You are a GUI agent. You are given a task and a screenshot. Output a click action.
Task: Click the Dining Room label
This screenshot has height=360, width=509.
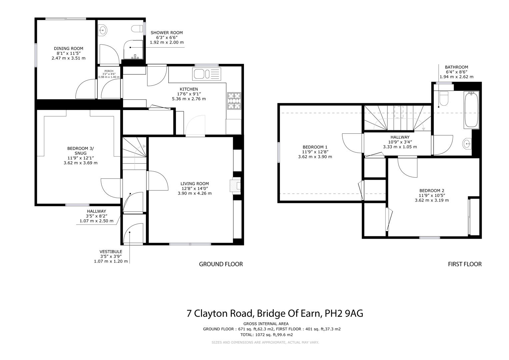pos(68,49)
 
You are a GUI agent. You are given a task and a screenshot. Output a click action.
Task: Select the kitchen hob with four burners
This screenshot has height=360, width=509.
pos(234,101)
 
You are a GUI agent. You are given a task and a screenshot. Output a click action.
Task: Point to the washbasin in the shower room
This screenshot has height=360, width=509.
pos(103,30)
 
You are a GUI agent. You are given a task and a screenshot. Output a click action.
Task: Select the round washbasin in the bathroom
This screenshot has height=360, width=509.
pos(467,144)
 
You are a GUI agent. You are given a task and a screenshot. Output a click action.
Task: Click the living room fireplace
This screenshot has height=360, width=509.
pos(235,186)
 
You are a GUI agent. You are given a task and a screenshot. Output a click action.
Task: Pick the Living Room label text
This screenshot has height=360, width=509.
pos(195,184)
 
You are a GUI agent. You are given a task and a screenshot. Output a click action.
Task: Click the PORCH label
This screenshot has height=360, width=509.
pos(109,71)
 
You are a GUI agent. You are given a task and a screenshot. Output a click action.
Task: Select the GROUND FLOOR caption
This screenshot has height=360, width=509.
pos(221,264)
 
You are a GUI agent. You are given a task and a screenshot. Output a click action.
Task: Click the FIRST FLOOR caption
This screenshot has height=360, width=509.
pos(465,264)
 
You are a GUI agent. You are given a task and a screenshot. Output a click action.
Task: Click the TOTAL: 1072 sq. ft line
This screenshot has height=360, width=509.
pos(266,335)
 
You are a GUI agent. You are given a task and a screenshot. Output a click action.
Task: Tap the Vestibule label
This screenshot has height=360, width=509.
pos(111,252)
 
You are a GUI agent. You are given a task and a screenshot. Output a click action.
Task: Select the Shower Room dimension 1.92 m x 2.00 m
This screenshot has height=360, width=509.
pos(167,43)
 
